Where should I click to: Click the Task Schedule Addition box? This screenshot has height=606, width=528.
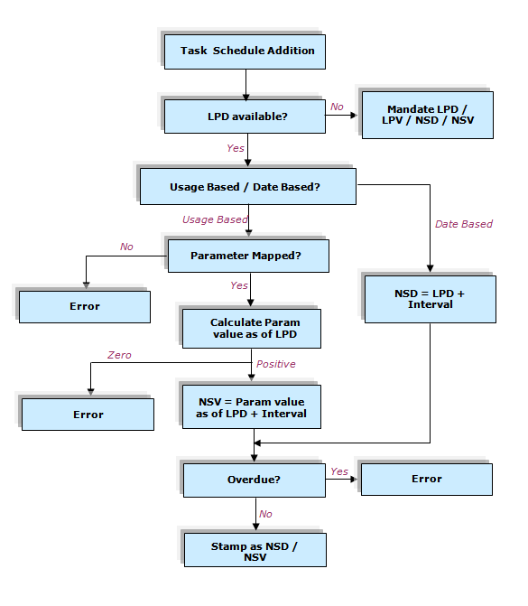point(245,51)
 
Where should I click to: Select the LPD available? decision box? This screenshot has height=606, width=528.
point(245,117)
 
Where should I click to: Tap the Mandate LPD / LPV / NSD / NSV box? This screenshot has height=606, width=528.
point(428,115)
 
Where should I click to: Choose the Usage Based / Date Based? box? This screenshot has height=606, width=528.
point(248,186)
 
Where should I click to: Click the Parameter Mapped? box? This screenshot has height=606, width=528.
point(248,256)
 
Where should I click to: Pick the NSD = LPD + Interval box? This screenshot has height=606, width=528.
point(431,299)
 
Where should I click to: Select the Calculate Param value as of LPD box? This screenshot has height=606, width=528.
point(252,329)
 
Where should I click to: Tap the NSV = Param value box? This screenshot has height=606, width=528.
point(252,406)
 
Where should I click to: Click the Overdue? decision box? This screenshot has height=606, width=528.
point(255,480)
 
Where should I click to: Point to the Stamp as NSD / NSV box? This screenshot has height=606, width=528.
point(255,550)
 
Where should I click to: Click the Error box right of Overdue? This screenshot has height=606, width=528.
point(427,480)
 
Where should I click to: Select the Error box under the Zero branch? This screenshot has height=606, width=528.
point(88,415)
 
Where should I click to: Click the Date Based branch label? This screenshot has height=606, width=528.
point(464,224)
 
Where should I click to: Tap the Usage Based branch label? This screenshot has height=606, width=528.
point(215,219)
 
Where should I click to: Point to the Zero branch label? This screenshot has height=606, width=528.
point(119,355)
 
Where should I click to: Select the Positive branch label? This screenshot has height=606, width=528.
point(276,364)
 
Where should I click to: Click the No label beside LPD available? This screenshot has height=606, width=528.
point(337,107)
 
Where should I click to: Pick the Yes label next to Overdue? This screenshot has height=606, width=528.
point(339,471)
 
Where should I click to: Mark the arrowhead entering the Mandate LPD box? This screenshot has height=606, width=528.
point(354,116)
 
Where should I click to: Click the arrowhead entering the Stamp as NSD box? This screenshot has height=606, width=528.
point(255,527)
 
